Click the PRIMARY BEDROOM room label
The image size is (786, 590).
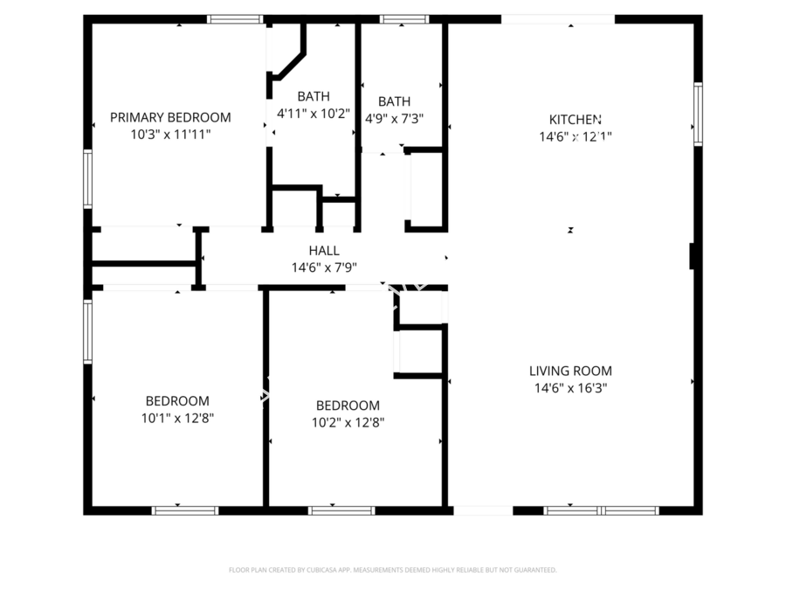click(x=170, y=117)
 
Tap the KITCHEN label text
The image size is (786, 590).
click(x=575, y=120)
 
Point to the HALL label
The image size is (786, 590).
click(x=324, y=251)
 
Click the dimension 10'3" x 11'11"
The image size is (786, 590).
click(x=170, y=135)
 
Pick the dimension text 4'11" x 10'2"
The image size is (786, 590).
click(x=314, y=114)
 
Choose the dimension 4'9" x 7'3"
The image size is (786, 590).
click(x=395, y=119)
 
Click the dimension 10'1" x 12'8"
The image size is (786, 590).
click(x=177, y=418)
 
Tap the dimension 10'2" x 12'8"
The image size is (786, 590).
click(x=348, y=422)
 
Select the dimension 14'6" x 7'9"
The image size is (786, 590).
click(x=324, y=268)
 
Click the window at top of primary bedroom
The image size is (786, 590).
click(x=235, y=18)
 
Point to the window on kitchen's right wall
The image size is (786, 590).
click(x=698, y=113)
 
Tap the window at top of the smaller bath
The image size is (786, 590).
click(x=404, y=18)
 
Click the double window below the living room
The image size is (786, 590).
click(x=601, y=510)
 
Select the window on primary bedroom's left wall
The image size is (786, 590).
click(x=87, y=178)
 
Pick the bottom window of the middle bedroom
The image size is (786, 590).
click(x=341, y=510)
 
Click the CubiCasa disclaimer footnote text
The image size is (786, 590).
click(x=392, y=570)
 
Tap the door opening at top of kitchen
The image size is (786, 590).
click(x=557, y=18)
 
